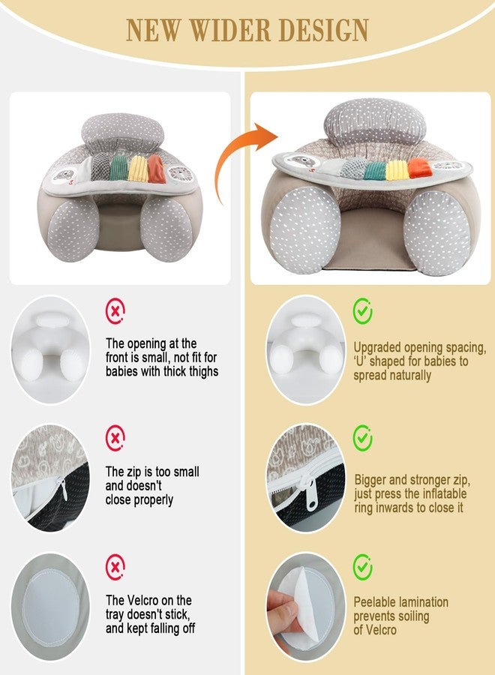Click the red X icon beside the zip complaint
coord(115,438)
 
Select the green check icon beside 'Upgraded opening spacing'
coord(363,310)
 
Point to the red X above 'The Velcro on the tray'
coord(115,567)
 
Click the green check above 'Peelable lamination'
coord(363,566)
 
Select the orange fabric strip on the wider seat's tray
coord(418,168)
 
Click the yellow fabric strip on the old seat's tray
coord(139,169)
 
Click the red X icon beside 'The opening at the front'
coord(115,310)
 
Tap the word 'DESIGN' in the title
coord(324,31)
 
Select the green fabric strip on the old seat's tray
coord(118,168)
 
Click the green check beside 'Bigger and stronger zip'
coord(363,438)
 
